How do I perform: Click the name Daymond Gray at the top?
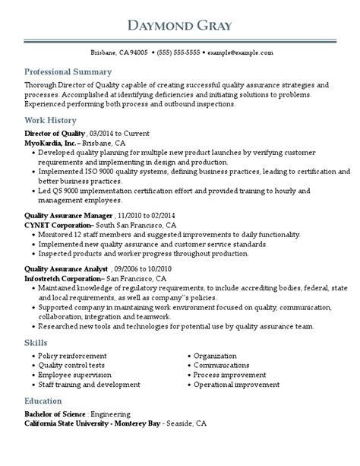pos(180,27)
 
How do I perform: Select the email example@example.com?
pos(241,53)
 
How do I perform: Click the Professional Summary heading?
pos(62,71)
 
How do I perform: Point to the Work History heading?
pos(50,120)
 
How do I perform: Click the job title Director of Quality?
pos(55,134)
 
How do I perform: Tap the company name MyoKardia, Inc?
pos(50,142)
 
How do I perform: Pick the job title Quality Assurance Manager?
pos(67,216)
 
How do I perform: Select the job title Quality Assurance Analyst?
pos(65,270)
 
